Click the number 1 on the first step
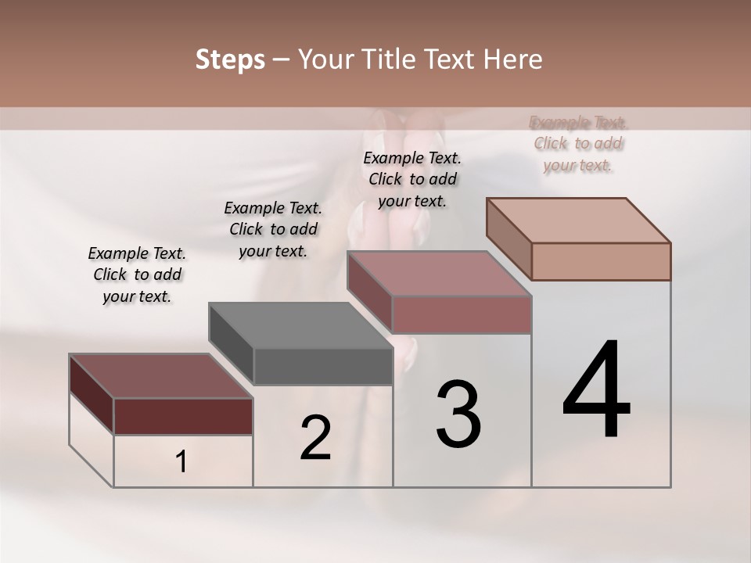pos(181,462)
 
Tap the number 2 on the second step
pos(316,438)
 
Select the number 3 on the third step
pos(458,414)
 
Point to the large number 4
pos(596,389)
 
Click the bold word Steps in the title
pos(230,59)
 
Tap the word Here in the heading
pos(512,59)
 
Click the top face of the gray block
pos(300,325)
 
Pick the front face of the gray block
pos(323,366)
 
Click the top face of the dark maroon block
pos(161,376)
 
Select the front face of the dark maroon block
pos(183,416)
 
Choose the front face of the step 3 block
pos(462,314)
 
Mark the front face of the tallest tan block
pos(601,261)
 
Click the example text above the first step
pos(137,274)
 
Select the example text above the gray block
pos(273,229)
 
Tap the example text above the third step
pos(412,179)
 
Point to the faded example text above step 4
pos(578,144)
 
